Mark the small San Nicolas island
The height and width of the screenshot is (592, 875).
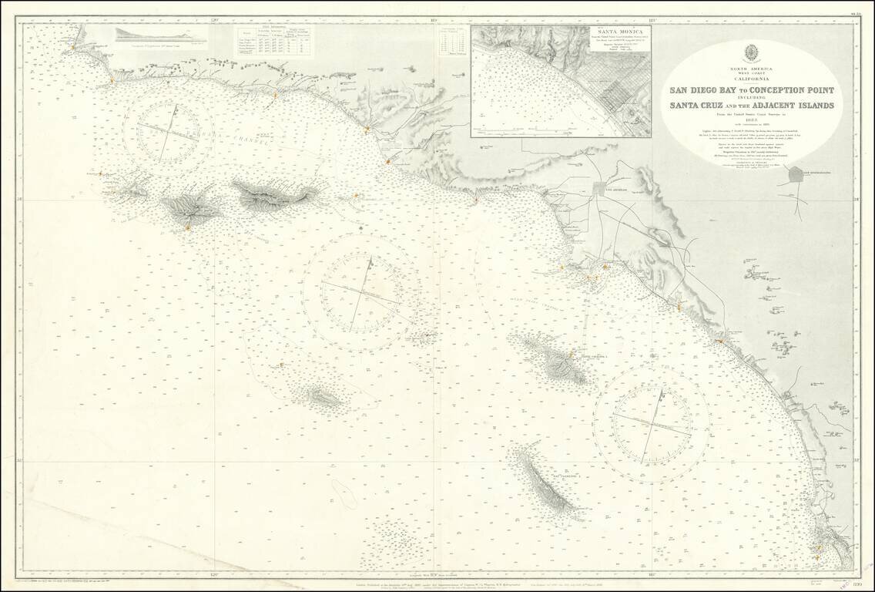(x=324, y=398)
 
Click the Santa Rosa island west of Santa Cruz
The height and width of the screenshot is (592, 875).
(x=189, y=206)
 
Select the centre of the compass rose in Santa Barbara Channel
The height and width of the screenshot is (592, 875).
(x=174, y=131)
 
